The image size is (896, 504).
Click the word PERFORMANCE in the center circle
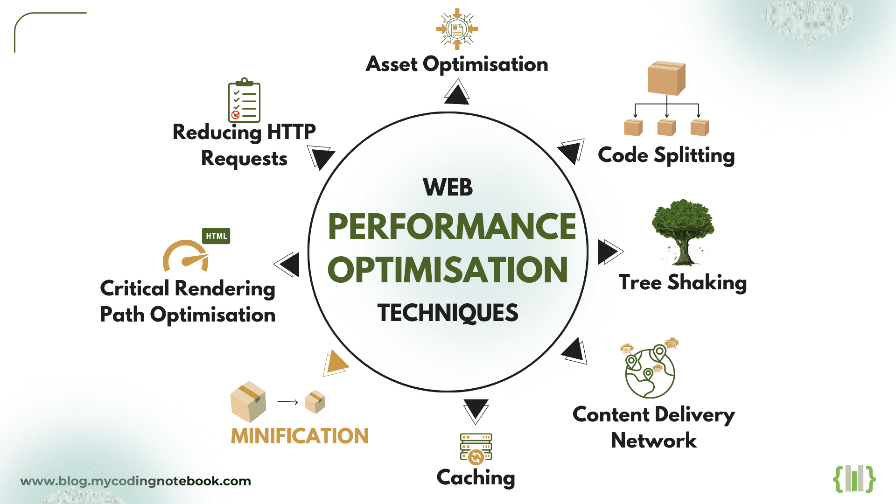coord(452,227)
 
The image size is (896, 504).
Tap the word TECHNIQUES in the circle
coord(448,313)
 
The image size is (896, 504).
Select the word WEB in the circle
coord(448,188)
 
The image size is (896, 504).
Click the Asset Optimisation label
coord(457,64)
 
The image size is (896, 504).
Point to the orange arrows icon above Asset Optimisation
coord(457,29)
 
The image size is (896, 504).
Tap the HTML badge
coord(216,236)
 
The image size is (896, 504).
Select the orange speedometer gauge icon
coord(186,257)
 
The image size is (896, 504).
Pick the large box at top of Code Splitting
coord(666,78)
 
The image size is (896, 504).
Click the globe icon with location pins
coord(650,371)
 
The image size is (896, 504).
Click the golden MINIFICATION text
coord(300,436)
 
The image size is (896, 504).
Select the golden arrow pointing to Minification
coord(336,363)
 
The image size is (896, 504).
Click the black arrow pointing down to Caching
coord(476,410)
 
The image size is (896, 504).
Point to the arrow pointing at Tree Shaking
coord(609,252)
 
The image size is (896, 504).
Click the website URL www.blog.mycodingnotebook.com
coord(135,481)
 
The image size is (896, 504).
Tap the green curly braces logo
coord(854,479)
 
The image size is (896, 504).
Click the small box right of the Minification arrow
coord(315,402)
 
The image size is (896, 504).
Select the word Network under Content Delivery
coord(653,441)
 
